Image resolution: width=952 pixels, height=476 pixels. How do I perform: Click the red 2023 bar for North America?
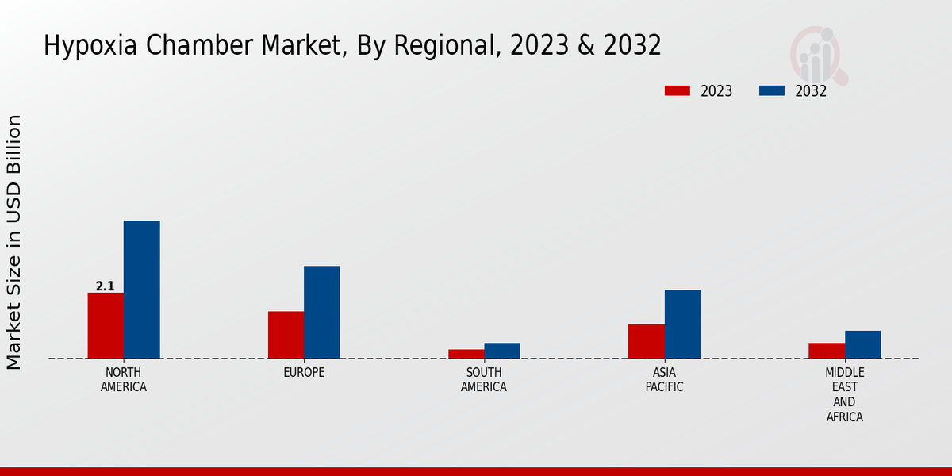point(106,325)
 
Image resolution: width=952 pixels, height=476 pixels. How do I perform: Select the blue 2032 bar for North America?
point(141,290)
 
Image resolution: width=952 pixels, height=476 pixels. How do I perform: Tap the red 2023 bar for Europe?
point(286,335)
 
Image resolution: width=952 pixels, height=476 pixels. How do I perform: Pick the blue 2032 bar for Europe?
point(321,312)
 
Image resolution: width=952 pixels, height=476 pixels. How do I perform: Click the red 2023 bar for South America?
point(466,354)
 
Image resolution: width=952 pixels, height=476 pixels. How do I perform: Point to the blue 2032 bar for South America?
point(502,351)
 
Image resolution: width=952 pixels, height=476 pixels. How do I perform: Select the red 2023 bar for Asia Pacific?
point(646,341)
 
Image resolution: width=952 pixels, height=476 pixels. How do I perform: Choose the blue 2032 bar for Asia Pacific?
point(682,324)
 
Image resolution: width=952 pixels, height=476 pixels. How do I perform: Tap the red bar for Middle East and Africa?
point(827,351)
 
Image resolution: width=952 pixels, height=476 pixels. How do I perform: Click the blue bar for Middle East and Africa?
point(862,344)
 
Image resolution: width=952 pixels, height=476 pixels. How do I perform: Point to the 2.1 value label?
point(106,286)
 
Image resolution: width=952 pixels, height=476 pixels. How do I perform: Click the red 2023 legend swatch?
point(678,90)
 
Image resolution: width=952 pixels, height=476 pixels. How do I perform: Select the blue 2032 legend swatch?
point(772,90)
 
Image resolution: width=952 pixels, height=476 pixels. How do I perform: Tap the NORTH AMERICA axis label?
point(124,380)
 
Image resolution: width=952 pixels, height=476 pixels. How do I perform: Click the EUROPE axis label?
point(304,372)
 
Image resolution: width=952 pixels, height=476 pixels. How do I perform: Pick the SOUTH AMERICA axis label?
point(484,380)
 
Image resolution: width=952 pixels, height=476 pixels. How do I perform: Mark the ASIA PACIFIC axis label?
point(664,380)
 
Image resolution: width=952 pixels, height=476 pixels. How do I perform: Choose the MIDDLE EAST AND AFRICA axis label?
point(844,394)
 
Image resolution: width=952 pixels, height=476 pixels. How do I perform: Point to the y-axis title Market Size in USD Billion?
point(14,242)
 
